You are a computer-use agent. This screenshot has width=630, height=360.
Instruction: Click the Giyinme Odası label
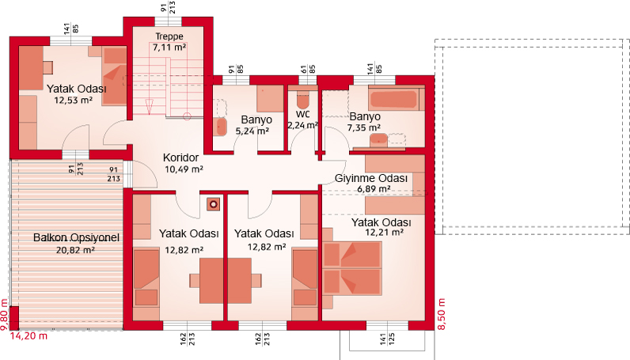[371, 178]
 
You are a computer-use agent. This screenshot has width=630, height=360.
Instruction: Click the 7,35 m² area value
[363, 127]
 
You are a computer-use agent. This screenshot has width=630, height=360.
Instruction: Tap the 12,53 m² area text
[74, 100]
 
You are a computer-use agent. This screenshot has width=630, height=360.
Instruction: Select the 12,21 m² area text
[384, 233]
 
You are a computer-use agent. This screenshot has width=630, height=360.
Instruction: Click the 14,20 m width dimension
[28, 335]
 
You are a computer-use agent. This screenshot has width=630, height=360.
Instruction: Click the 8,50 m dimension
[442, 314]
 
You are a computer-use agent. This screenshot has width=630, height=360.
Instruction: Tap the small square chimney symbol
[213, 204]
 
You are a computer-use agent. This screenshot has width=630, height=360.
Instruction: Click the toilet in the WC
[302, 100]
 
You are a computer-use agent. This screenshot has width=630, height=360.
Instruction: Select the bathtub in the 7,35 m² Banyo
[395, 100]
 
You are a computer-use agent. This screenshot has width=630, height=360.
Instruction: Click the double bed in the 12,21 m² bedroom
[352, 267]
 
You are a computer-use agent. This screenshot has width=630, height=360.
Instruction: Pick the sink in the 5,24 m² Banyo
[218, 125]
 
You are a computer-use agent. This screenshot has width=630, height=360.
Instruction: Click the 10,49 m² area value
[184, 169]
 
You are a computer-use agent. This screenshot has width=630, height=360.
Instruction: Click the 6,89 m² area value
[374, 189]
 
